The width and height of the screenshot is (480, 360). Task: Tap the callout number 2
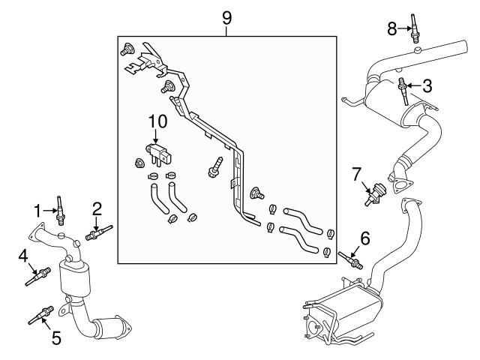(x=97, y=208)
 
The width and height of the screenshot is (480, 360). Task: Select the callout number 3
(x=427, y=85)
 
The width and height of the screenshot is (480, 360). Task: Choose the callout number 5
(x=55, y=338)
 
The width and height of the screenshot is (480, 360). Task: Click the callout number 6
(x=365, y=238)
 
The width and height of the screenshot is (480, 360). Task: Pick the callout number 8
(x=391, y=29)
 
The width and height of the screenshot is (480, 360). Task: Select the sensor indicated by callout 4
(x=40, y=275)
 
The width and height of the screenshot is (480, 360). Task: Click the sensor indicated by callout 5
(x=41, y=315)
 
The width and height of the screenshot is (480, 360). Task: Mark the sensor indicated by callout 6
(x=351, y=259)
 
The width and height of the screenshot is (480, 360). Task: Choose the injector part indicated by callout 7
(x=372, y=193)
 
